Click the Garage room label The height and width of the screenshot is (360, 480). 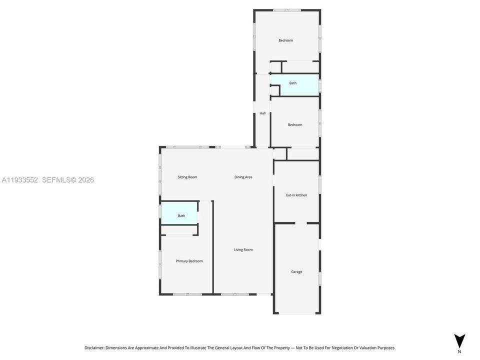(x=296, y=272)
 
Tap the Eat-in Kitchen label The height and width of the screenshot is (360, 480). (x=296, y=195)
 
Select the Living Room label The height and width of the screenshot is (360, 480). (x=243, y=249)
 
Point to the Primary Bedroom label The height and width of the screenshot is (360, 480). (x=189, y=261)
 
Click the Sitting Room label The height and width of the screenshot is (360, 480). (x=187, y=177)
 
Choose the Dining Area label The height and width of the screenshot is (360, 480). (x=243, y=177)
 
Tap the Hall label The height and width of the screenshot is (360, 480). (x=262, y=113)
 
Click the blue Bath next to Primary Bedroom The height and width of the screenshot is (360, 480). (x=181, y=216)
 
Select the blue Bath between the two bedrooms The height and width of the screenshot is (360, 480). (x=293, y=83)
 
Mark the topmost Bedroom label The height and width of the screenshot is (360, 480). (x=286, y=40)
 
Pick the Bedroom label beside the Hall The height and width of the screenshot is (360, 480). (x=295, y=125)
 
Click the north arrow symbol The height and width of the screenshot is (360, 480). (x=459, y=339)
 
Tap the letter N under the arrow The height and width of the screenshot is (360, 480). (x=459, y=351)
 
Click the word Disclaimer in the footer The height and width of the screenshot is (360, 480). (x=94, y=347)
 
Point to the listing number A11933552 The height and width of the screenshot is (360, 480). (x=19, y=180)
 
